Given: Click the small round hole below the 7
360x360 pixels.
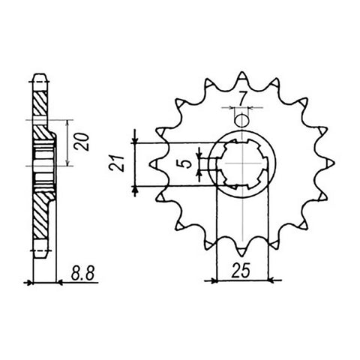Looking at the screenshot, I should click(x=241, y=121).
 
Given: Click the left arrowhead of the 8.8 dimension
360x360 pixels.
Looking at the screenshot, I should click(x=30, y=283).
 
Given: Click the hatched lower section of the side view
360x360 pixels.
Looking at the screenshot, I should click(x=43, y=214).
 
